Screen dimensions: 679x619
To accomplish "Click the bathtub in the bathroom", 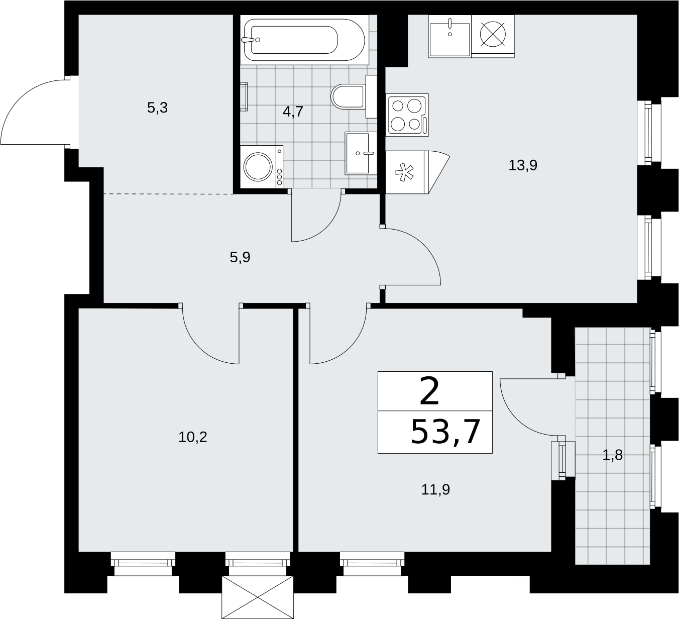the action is [304, 40].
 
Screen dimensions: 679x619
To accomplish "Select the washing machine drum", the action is [259, 167].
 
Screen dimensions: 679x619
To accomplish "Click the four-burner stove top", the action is [407, 115].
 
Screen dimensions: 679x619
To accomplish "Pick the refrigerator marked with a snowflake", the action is [417, 172].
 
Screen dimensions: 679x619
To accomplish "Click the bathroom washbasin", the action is [361, 153].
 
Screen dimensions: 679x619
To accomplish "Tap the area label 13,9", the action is [523, 166].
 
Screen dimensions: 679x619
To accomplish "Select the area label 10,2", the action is [192, 437].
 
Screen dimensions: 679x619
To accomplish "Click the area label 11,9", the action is [435, 490].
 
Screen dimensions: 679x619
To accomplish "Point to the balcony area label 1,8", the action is [612, 455].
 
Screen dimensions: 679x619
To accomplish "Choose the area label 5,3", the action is [157, 108].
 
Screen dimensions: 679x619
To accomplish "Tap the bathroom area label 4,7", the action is [293, 112].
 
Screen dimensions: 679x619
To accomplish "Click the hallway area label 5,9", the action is [240, 258].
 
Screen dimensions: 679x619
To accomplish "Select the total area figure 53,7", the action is [445, 432].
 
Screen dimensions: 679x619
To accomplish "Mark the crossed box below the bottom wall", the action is [258, 597].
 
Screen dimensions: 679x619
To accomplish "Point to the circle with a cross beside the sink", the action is [493, 34].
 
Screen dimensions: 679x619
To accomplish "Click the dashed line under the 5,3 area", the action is [168, 194].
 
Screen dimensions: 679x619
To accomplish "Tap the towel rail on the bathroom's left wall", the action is [244, 96].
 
